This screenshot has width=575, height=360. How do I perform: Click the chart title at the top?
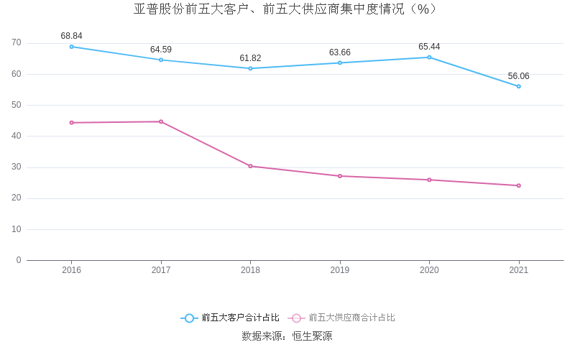click(x=286, y=9)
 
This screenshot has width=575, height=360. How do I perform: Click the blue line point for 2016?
click(x=71, y=47)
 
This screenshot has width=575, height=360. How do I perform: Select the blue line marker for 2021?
click(x=518, y=86)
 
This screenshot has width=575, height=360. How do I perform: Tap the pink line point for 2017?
click(x=161, y=121)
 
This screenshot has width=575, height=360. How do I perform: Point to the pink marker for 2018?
click(x=250, y=166)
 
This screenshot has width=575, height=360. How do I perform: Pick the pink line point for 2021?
click(x=518, y=185)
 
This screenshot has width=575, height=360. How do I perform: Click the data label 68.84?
click(x=71, y=36)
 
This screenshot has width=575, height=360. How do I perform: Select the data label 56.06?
click(x=518, y=76)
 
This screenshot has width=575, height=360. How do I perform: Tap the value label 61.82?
click(x=250, y=58)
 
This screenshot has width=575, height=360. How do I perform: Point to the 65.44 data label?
click(x=429, y=47)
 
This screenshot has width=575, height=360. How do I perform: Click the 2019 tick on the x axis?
click(x=340, y=270)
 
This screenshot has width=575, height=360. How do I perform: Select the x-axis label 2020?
click(x=429, y=270)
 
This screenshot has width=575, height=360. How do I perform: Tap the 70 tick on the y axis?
click(x=17, y=43)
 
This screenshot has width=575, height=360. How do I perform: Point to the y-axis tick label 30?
click(x=17, y=167)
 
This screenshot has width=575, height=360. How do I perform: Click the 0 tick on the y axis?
click(x=19, y=260)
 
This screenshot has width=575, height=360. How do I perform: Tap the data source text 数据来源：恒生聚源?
click(x=287, y=336)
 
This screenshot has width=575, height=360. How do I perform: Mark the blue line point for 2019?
click(x=340, y=63)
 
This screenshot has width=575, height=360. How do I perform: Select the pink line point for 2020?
click(x=429, y=180)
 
